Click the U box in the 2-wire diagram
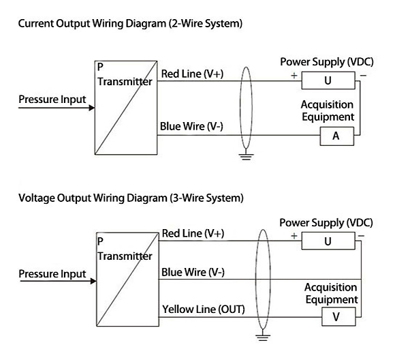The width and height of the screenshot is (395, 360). pyautogui.click(x=328, y=80)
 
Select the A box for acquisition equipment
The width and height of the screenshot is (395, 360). pyautogui.click(x=335, y=136)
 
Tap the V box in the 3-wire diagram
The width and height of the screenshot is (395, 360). pyautogui.click(x=334, y=317)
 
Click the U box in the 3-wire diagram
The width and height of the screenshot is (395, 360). pyautogui.click(x=328, y=241)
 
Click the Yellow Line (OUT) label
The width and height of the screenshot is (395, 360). pyautogui.click(x=203, y=310)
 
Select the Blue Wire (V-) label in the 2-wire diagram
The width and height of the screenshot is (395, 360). pyautogui.click(x=193, y=126)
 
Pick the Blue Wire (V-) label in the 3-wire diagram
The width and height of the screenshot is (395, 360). pyautogui.click(x=193, y=272)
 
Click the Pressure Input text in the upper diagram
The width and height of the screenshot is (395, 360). pyautogui.click(x=52, y=100)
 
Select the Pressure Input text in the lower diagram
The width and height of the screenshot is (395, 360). pyautogui.click(x=52, y=274)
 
